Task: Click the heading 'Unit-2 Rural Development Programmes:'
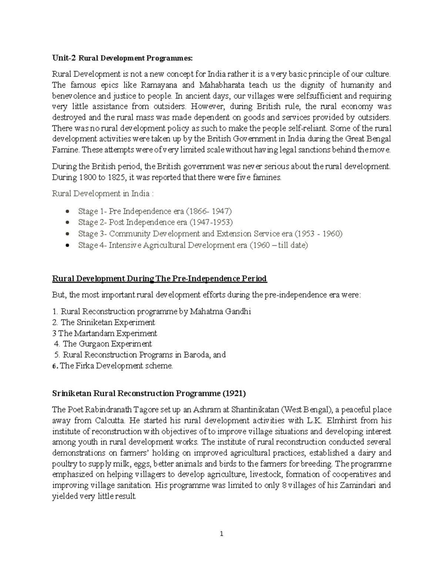pos(122,58)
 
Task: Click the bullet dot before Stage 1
pos(67,212)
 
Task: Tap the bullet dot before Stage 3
pos(67,234)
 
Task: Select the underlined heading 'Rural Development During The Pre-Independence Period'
pos(159,279)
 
